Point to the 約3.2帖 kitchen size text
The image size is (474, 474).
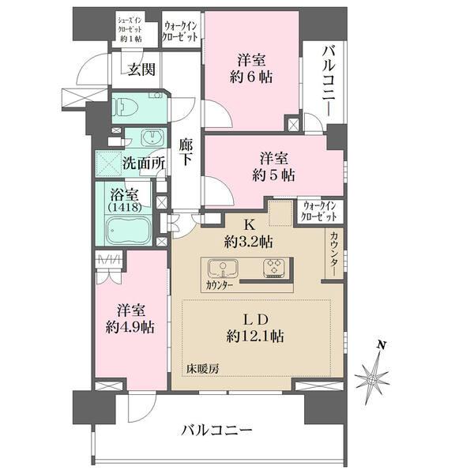click(250, 240)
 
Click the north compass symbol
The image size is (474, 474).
click(375, 378)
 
